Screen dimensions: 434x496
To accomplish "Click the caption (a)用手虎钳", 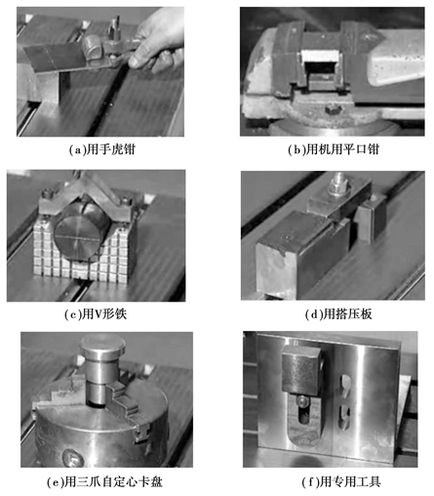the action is click(x=101, y=149).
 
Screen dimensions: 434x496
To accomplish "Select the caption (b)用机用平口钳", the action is click(x=334, y=149).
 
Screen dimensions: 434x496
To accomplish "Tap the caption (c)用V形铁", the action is click(x=96, y=314).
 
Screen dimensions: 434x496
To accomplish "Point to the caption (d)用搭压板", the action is click(x=338, y=314).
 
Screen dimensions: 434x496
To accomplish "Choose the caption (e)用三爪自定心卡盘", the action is click(x=104, y=482).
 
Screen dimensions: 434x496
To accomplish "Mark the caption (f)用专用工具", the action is click(x=341, y=482).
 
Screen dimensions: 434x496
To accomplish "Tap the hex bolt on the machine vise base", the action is click(x=333, y=109).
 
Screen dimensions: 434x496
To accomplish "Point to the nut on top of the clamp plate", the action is click(x=339, y=187).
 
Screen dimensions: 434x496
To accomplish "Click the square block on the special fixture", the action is click(x=301, y=370).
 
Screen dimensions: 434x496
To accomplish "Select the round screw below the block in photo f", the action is click(x=302, y=401).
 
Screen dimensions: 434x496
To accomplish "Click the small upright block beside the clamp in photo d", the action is click(x=371, y=220).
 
